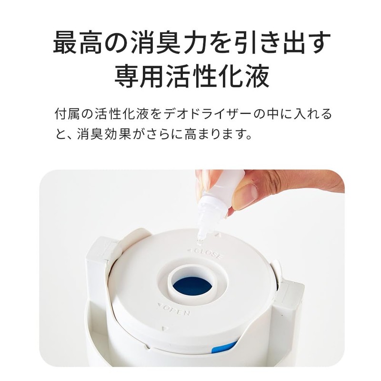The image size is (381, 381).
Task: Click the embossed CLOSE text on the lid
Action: [x=206, y=252]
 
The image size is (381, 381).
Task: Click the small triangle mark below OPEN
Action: [x=164, y=328]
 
